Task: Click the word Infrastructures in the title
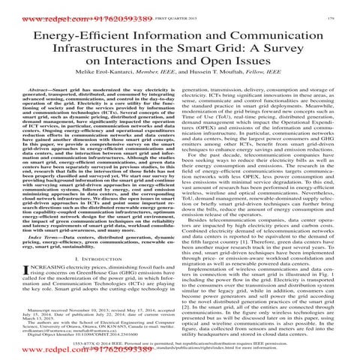(x=98, y=49)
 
